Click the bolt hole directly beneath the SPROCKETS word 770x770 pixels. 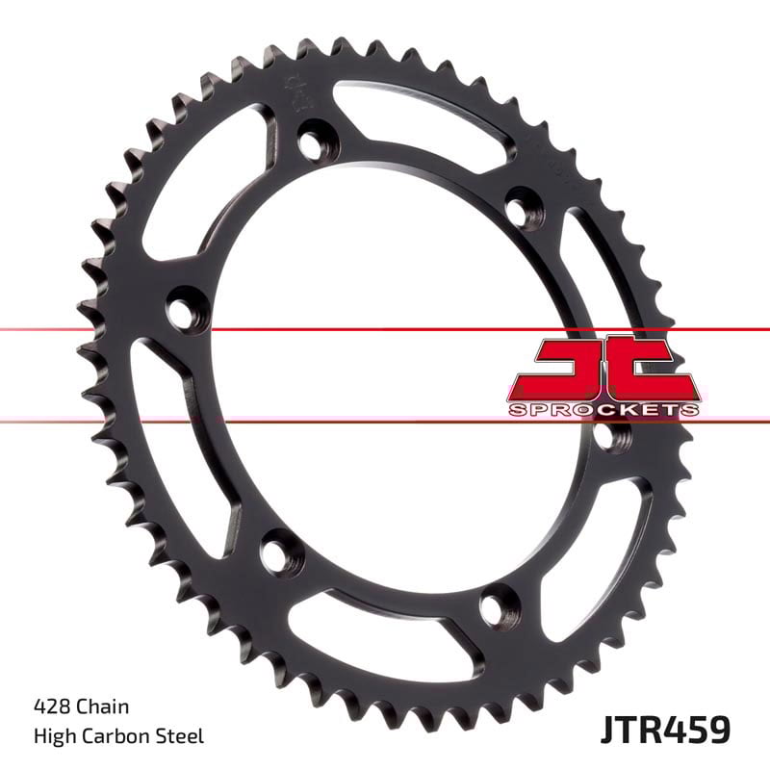606,436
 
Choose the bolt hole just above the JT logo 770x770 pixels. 522,207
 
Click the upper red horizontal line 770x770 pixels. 385,329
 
